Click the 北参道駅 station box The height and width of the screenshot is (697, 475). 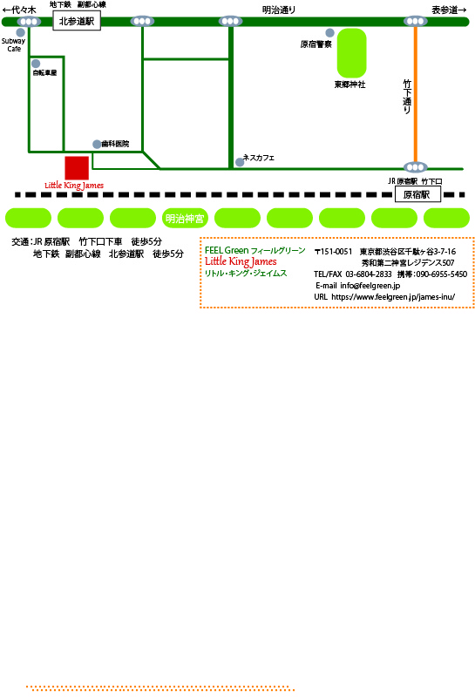click(x=77, y=21)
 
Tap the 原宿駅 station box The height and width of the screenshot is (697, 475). click(x=417, y=194)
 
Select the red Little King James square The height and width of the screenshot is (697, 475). click(x=77, y=167)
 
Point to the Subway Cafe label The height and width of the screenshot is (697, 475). click(x=13, y=44)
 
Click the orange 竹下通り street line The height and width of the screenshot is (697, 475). click(x=416, y=94)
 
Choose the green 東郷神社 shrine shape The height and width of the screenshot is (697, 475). click(x=351, y=53)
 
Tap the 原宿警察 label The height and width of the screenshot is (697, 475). click(x=316, y=44)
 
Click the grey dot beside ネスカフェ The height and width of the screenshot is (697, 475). click(x=240, y=162)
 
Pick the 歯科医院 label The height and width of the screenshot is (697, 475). click(x=115, y=144)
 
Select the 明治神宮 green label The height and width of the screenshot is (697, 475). click(x=185, y=219)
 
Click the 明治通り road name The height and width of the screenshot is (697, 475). click(x=279, y=10)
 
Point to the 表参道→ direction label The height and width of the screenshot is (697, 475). click(x=449, y=10)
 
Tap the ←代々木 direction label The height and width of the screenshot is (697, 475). click(x=19, y=10)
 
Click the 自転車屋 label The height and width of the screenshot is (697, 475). click(x=44, y=72)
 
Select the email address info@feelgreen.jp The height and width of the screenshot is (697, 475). click(x=370, y=286)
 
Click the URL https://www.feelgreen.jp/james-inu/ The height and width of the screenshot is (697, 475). click(x=393, y=297)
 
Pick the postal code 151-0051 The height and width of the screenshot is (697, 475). click(x=336, y=252)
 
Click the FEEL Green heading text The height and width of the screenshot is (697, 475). click(x=227, y=250)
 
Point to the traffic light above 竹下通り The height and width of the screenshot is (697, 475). click(x=416, y=21)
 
